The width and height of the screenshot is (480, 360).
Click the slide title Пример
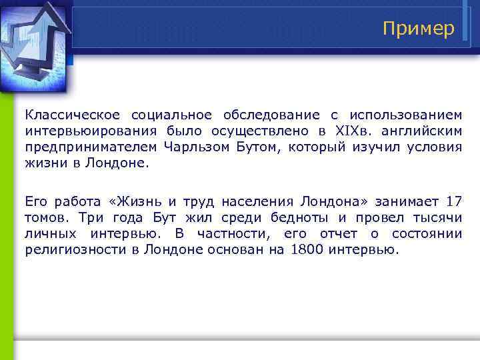pos(419,29)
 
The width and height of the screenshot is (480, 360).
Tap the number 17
pos(453,201)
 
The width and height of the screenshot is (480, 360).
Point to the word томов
pos(45,217)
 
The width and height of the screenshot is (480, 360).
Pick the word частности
pos(233,233)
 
